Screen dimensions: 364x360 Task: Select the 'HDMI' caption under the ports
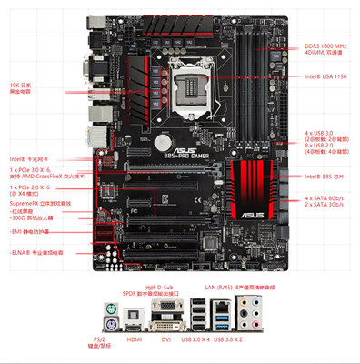click(x=133, y=339)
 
